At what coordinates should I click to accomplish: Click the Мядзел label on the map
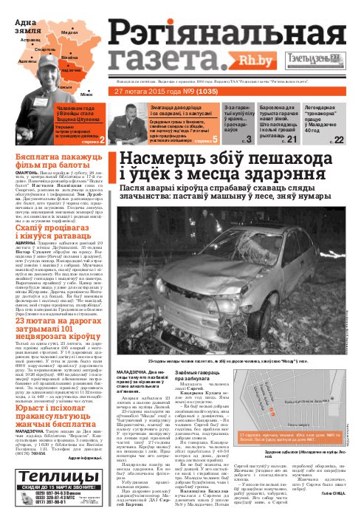pyautogui.click(x=70, y=33)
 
